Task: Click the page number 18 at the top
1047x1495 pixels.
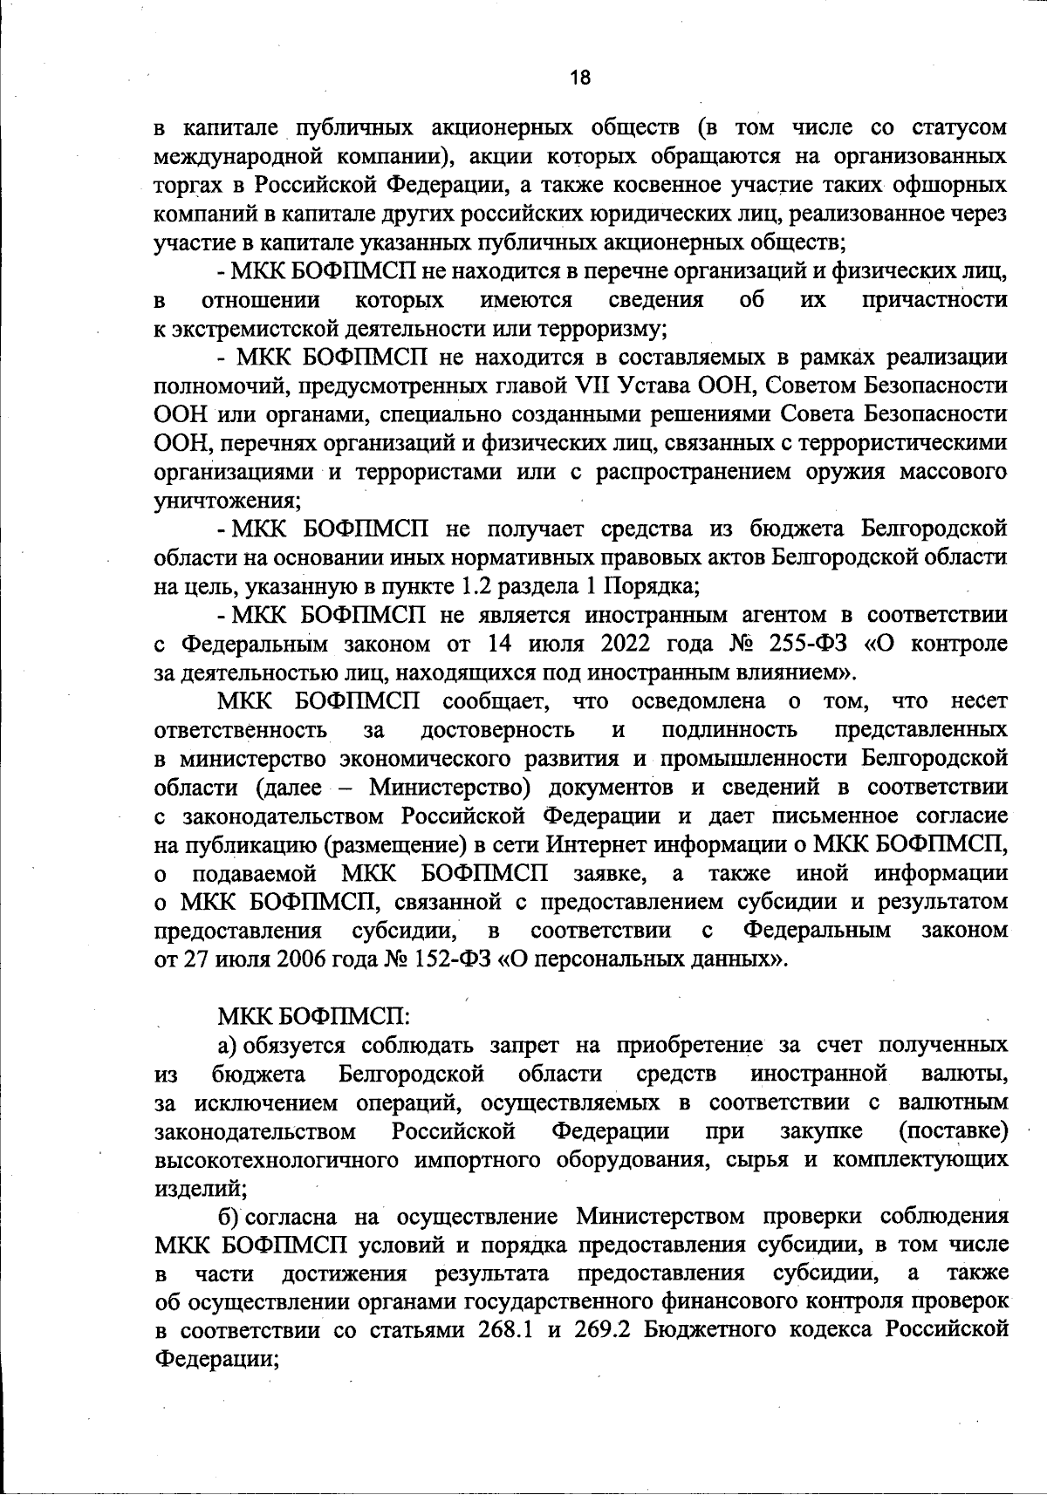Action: tap(580, 78)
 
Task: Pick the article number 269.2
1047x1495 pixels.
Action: tap(607, 1330)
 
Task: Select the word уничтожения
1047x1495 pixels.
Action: tap(227, 501)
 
